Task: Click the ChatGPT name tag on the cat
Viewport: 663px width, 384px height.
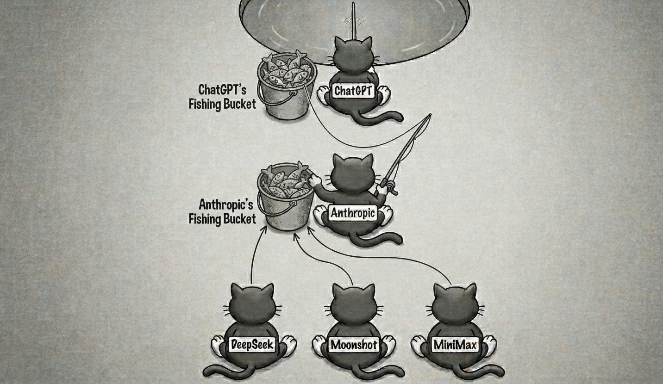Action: click(353, 91)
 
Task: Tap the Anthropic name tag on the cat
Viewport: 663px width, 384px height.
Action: click(353, 213)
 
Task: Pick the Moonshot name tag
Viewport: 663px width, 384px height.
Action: click(354, 345)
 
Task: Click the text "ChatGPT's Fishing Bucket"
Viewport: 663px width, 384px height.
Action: click(222, 96)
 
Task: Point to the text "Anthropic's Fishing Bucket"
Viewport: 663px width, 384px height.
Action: click(222, 211)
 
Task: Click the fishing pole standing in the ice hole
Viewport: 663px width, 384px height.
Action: click(353, 21)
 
